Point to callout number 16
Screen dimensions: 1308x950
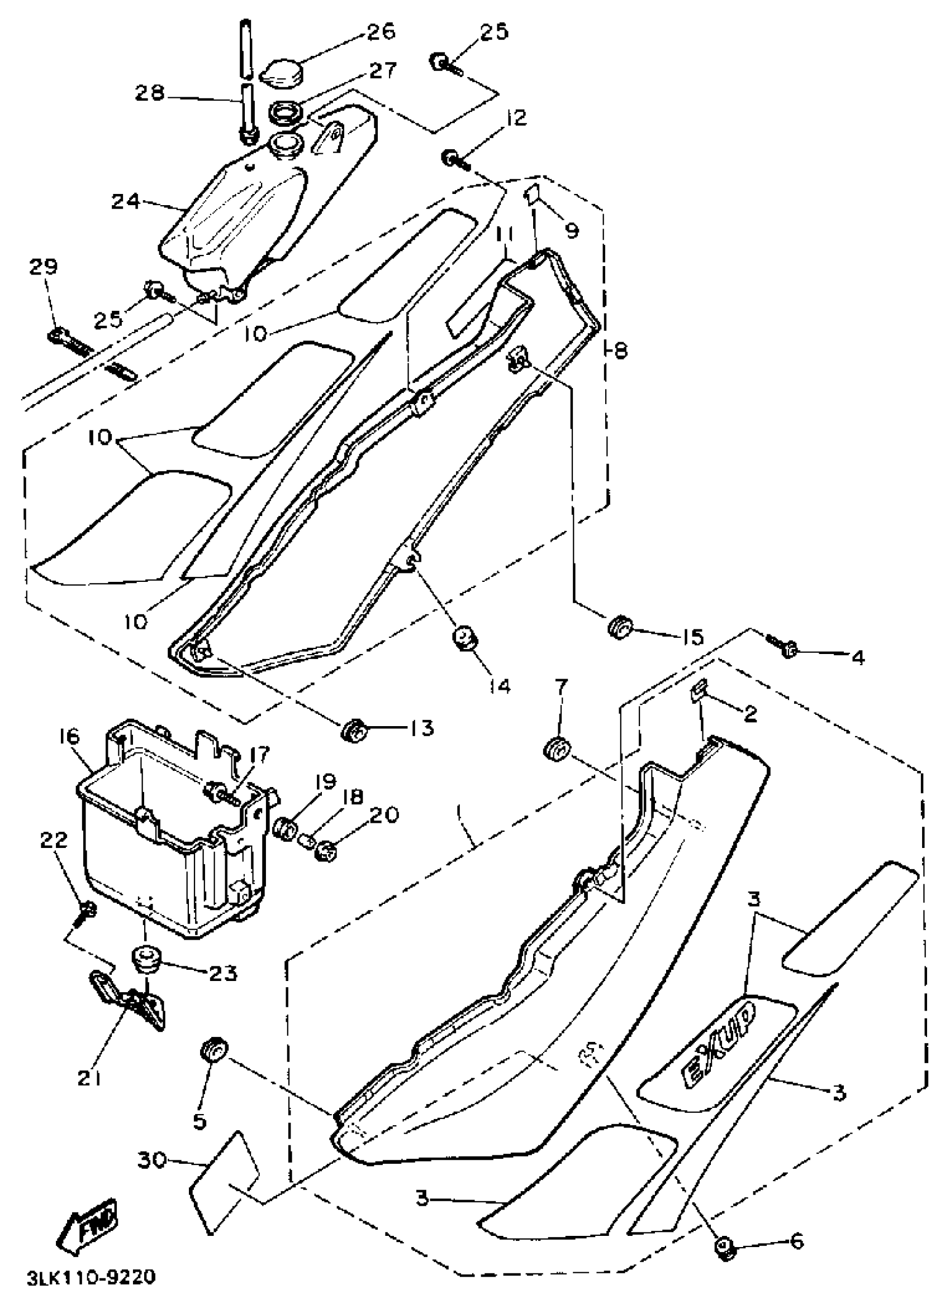click(x=69, y=737)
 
